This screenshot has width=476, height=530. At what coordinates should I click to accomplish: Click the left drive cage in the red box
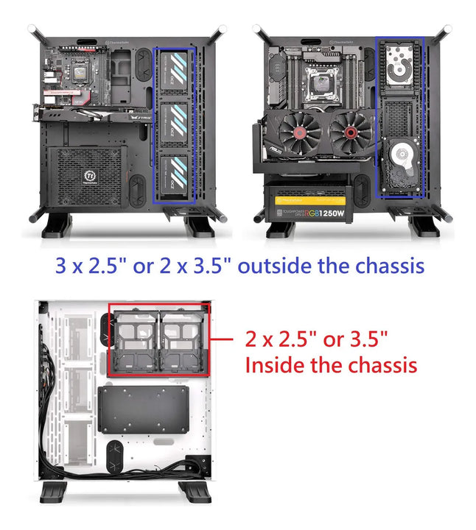point(134,342)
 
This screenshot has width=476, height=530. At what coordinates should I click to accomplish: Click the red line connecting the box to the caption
point(224,339)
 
